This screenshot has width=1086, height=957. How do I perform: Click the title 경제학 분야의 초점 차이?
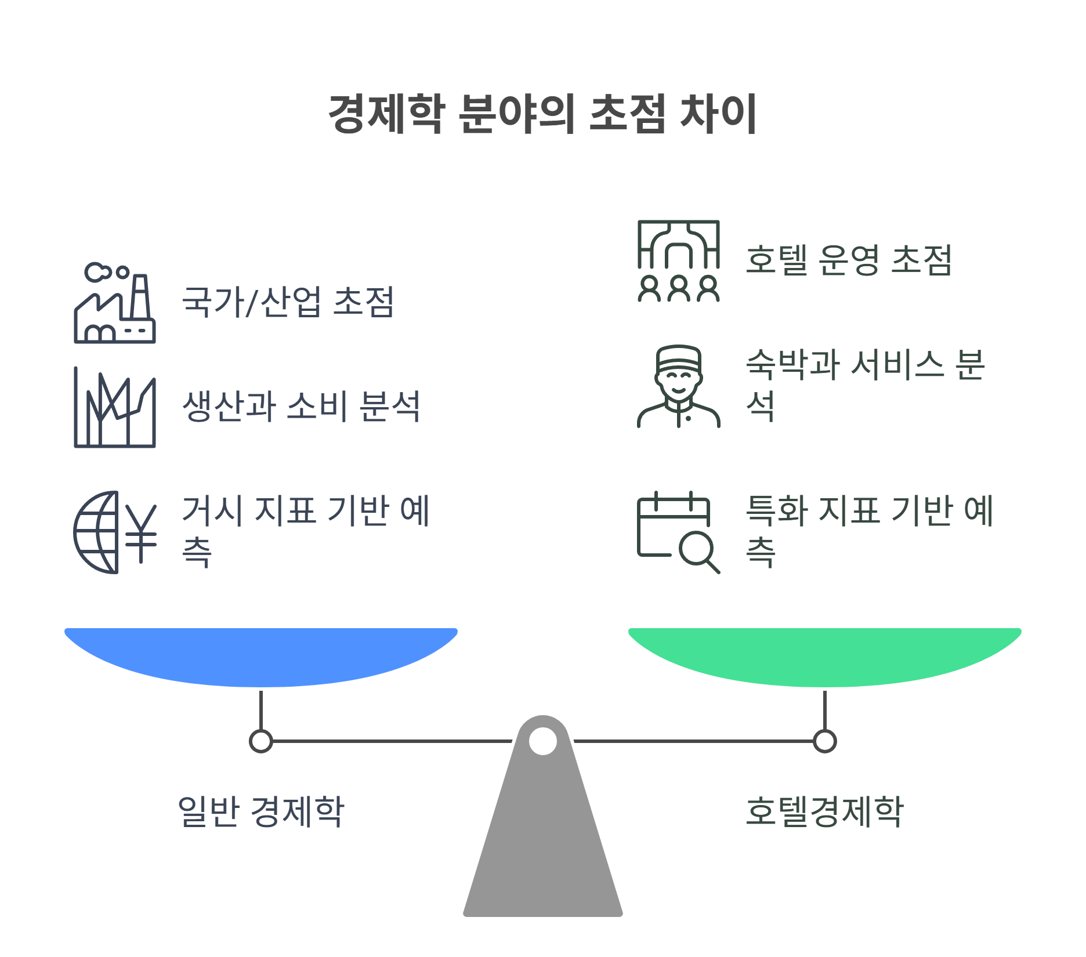click(542, 114)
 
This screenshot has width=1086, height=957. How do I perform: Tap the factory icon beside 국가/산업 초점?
click(115, 304)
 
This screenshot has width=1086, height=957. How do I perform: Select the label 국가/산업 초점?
click(288, 302)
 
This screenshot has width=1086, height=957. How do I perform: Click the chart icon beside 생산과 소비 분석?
click(115, 408)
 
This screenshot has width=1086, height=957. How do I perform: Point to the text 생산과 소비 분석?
click(301, 406)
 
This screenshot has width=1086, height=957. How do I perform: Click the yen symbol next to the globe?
click(141, 532)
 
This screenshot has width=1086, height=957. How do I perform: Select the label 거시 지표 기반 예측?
click(306, 530)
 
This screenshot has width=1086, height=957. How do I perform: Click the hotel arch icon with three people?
click(678, 260)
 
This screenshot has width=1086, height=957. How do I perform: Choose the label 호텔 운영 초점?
click(849, 260)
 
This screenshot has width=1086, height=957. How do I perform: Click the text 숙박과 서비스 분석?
click(865, 385)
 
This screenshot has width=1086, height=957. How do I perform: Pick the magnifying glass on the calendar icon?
click(697, 549)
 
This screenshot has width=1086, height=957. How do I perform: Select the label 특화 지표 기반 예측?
click(870, 530)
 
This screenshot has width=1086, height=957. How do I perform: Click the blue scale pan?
click(261, 655)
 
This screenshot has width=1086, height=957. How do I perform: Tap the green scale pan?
click(824, 655)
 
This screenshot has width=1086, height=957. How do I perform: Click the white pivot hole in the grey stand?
click(543, 741)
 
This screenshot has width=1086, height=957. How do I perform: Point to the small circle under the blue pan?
click(261, 741)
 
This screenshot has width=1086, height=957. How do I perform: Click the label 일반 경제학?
click(261, 811)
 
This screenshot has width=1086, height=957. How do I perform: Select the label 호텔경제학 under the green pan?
click(824, 811)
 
